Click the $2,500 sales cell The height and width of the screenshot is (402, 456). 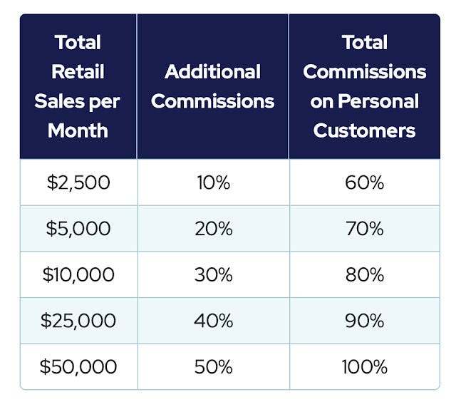(78, 182)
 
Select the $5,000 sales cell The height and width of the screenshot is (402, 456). (78, 229)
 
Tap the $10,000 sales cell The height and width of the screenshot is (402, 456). (78, 274)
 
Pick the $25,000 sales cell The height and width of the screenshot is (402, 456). (78, 321)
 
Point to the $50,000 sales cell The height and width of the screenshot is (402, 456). (78, 367)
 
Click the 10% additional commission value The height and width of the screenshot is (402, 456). (213, 182)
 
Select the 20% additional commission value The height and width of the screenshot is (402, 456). (213, 229)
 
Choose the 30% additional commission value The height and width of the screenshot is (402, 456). (213, 274)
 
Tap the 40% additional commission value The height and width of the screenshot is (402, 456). (213, 321)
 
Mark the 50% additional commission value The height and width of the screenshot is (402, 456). (213, 367)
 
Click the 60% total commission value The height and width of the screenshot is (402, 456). (365, 182)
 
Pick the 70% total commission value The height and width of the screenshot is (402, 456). (365, 229)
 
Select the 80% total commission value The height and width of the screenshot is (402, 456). (365, 274)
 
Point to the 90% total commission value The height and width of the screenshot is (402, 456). (365, 321)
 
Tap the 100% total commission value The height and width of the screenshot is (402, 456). (365, 367)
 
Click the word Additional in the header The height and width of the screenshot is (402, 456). (213, 71)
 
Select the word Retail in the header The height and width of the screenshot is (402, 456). (78, 71)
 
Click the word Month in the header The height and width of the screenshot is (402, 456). (78, 130)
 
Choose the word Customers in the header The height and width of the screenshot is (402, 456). (365, 130)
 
